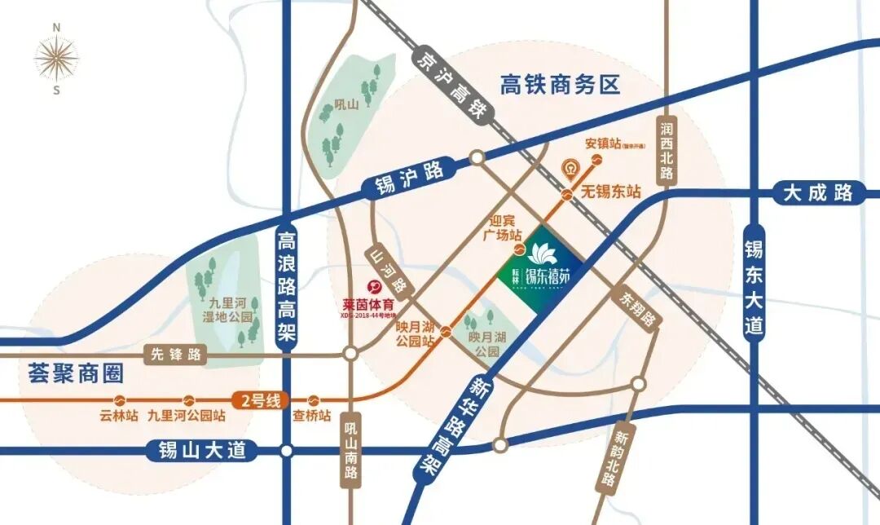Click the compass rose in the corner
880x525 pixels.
(56, 58)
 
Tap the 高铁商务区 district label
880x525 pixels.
(561, 84)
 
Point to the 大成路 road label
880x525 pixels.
(818, 193)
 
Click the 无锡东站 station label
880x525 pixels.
(611, 193)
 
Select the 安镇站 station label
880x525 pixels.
(603, 144)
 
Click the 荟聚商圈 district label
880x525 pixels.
(75, 375)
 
